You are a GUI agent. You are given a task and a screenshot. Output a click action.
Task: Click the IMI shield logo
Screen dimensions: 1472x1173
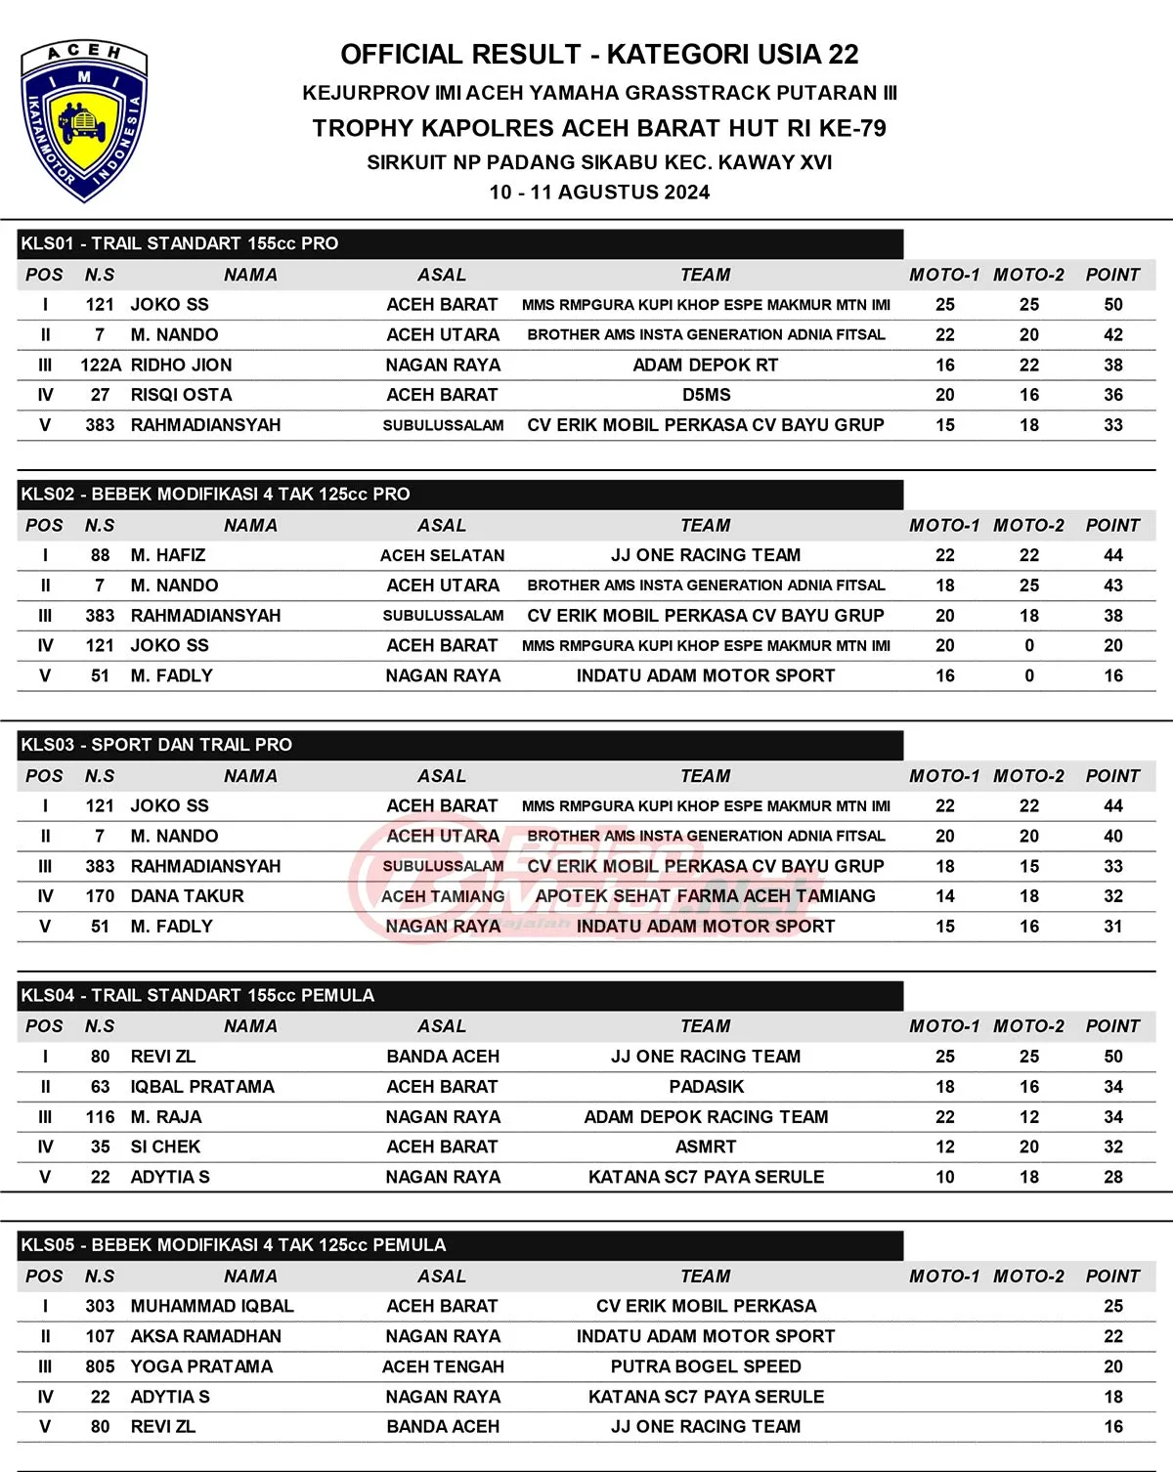point(83,121)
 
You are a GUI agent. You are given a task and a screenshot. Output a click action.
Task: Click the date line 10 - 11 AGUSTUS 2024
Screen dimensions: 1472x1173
point(599,193)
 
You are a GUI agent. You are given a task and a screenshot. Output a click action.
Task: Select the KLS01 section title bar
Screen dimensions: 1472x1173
point(459,243)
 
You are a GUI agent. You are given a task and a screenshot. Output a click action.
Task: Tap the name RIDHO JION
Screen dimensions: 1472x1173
point(181,366)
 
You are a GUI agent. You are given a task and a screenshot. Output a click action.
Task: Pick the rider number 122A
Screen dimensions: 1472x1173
point(101,366)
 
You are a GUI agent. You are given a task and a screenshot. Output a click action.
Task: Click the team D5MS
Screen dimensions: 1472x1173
point(706,395)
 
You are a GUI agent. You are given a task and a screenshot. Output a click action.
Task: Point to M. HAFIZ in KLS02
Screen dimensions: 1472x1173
point(168,555)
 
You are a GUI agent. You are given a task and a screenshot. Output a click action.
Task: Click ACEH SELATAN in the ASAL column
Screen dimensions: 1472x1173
point(442,555)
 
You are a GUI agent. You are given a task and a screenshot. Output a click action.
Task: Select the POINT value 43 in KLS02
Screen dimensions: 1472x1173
point(1112,585)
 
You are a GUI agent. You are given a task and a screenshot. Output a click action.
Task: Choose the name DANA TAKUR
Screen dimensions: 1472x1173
point(187,896)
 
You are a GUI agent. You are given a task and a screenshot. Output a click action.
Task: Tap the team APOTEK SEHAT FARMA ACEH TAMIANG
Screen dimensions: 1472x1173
point(705,896)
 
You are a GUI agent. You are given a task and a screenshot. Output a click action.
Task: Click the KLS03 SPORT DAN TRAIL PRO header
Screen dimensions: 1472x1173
point(459,745)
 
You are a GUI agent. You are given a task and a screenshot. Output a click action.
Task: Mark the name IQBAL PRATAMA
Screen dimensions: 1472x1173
point(202,1087)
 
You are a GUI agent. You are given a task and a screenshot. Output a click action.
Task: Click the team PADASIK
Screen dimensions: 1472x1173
point(706,1087)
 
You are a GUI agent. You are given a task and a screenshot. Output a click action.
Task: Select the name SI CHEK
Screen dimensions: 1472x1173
point(165,1147)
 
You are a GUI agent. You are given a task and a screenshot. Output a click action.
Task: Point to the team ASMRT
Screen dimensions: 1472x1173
point(706,1147)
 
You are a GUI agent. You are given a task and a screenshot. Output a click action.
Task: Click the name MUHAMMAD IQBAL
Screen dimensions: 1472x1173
point(212,1306)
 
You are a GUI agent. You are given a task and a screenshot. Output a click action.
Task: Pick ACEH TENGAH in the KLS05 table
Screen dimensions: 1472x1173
point(443,1366)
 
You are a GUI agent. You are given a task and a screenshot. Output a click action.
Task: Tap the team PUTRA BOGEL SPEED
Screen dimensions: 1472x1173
point(706,1366)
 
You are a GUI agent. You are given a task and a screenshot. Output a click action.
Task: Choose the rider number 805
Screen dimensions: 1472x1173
point(100,1366)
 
